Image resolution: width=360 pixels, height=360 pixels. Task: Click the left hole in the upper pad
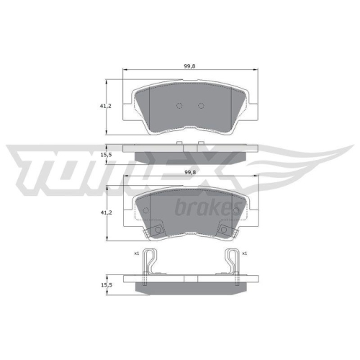pyautogui.click(x=180, y=105)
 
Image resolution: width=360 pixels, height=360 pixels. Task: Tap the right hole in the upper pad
pyautogui.click(x=201, y=105)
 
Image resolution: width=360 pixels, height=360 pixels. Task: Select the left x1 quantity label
pyautogui.click(x=136, y=253)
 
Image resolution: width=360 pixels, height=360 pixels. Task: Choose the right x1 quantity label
pyautogui.click(x=245, y=253)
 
